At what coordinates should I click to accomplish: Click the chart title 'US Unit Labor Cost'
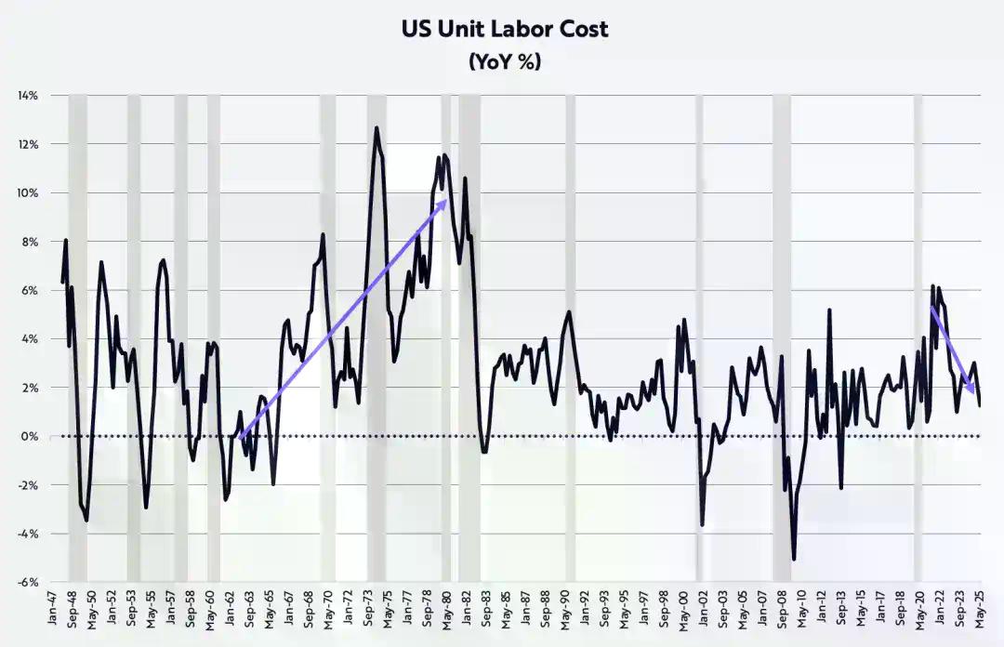coord(505,29)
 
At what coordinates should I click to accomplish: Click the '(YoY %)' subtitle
coord(505,62)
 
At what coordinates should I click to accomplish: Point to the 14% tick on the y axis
coord(26,96)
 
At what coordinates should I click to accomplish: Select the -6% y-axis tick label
coord(26,583)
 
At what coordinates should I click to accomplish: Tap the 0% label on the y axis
coord(30,437)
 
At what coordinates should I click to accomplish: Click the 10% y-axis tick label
coord(26,193)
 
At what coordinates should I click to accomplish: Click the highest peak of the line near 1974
coord(376,127)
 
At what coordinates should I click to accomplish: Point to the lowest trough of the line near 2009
coord(794,560)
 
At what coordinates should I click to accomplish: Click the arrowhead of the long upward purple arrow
coord(447,199)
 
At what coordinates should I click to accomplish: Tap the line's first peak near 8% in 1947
coord(66,241)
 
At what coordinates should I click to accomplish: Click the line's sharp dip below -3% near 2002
coord(702,525)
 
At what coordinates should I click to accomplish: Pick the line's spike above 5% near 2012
coord(828,310)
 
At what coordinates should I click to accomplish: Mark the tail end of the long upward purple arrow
coord(239,437)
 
